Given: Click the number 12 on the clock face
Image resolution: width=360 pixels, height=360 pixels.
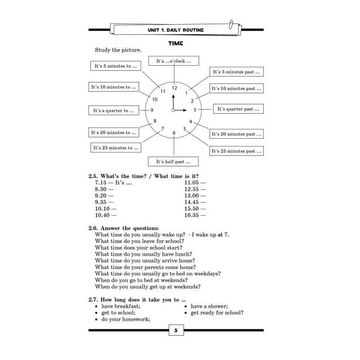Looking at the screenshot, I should (174, 88).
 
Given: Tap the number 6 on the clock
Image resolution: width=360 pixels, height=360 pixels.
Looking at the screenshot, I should (174, 133).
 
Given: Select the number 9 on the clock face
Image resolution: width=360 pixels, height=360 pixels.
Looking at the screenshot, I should (152, 110).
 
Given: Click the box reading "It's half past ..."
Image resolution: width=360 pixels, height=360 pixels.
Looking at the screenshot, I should (173, 161).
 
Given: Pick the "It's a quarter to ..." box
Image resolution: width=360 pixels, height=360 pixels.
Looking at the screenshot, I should (114, 110).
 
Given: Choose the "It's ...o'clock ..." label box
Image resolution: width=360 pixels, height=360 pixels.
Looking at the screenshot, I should (174, 61).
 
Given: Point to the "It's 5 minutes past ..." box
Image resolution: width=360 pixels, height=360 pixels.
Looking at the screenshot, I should (236, 72).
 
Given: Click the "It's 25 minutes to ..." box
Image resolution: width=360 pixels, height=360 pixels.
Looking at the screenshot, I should (115, 147).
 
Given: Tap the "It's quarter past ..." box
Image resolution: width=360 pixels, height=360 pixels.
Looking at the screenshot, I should (238, 109).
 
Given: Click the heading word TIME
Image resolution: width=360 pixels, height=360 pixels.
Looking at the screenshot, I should (175, 44).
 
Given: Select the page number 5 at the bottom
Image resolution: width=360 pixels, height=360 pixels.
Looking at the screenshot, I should (175, 331).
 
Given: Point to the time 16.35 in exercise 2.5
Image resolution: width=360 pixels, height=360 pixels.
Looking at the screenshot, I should (192, 216).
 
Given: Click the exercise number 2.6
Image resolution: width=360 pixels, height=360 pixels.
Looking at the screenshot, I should (93, 228).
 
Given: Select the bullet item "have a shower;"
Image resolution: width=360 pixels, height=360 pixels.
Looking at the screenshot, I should (209, 306).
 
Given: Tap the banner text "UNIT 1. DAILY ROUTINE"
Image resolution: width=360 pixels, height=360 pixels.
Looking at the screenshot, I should (175, 30).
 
